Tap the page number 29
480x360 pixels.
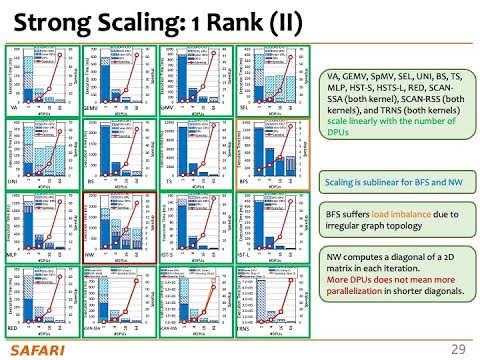(x=458, y=348)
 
